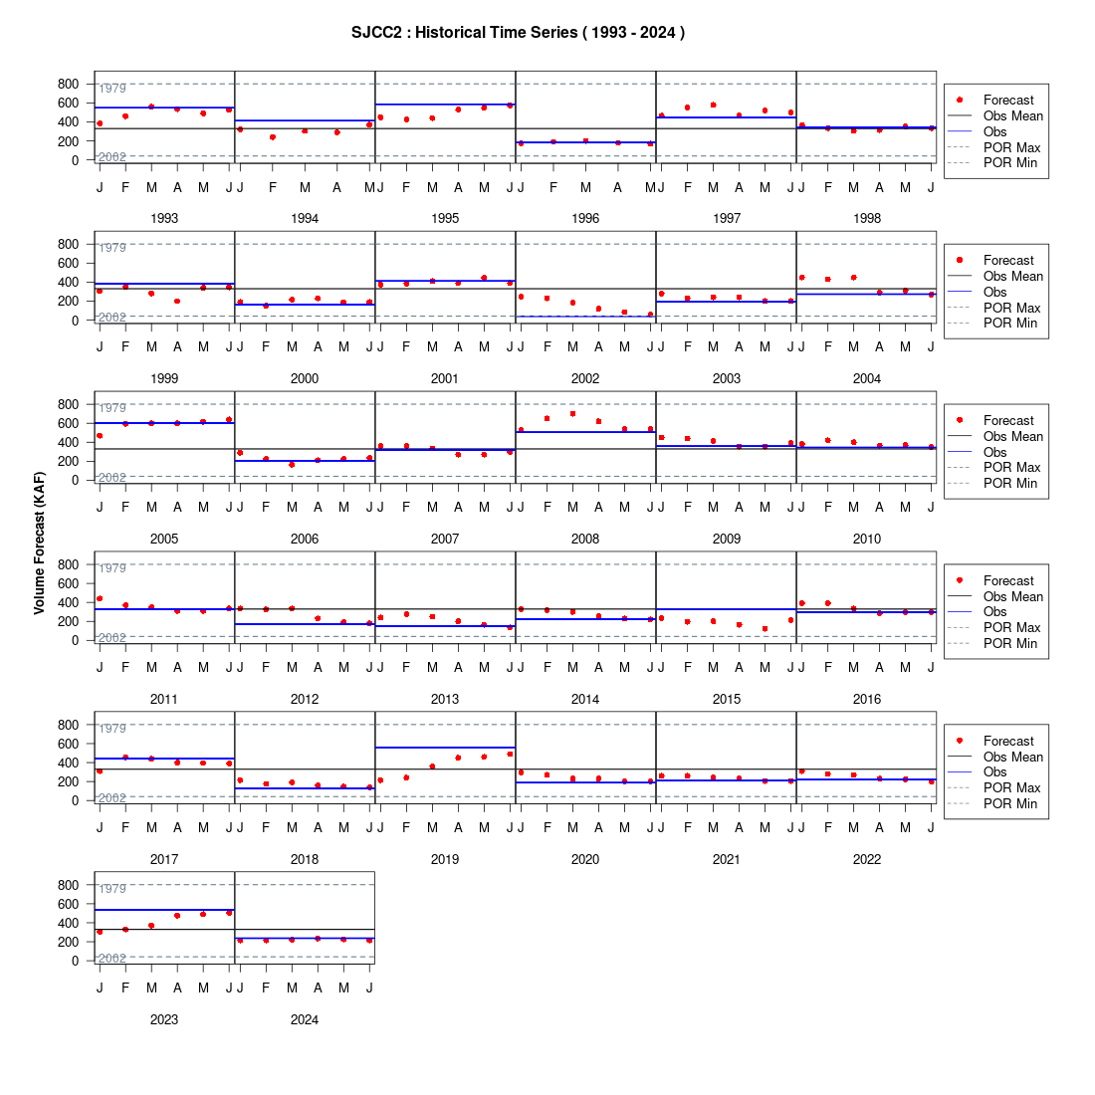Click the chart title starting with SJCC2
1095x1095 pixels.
518,32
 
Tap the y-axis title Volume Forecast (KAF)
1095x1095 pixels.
39,544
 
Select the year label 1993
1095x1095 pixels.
164,219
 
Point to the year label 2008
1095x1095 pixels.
585,540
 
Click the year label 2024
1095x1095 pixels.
305,1019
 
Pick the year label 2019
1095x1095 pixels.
445,860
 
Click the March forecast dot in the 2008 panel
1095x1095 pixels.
572,414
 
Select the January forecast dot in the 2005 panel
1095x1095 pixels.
100,436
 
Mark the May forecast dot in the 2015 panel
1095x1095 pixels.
765,629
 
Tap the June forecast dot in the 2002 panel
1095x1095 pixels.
650,315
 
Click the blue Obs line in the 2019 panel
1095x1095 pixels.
445,748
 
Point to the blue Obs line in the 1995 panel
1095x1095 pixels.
445,105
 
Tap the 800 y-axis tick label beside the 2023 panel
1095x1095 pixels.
69,885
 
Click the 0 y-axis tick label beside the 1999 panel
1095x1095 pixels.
75,321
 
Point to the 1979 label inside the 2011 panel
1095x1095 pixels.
112,567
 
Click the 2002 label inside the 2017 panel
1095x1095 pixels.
112,797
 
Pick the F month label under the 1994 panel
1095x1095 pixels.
273,187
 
